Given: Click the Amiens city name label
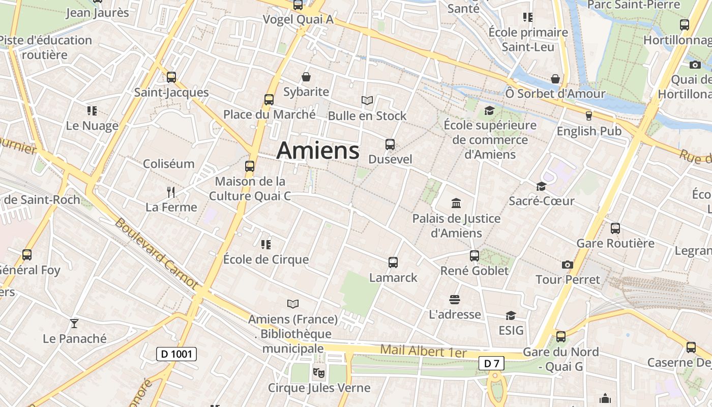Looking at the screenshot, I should tap(318, 151).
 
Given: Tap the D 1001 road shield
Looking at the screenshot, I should tap(176, 354).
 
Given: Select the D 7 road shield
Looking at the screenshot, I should tap(491, 363).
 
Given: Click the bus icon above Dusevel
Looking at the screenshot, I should tap(390, 144).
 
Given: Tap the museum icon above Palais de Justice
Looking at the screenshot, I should tap(456, 203).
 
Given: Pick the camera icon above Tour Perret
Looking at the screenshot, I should tap(568, 265).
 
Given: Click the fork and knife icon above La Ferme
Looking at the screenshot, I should tap(171, 192).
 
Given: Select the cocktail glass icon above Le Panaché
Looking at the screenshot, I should tap(74, 323).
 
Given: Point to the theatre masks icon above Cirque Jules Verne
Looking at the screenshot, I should tap(319, 372).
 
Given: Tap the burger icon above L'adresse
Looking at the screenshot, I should tap(454, 299).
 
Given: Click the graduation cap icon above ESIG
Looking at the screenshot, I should tap(511, 315).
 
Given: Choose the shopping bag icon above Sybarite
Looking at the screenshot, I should tap(306, 77).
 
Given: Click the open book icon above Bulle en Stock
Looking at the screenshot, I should tap(367, 100).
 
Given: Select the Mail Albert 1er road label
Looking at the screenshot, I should tap(423, 351).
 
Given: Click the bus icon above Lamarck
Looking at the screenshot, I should tap(393, 263).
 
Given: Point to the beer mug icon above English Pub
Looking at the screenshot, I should tap(589, 116).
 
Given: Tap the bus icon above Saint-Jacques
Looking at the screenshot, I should tap(171, 77).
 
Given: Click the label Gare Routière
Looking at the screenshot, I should tap(615, 243).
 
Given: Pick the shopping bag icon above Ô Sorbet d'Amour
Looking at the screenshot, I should tap(555, 79).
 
